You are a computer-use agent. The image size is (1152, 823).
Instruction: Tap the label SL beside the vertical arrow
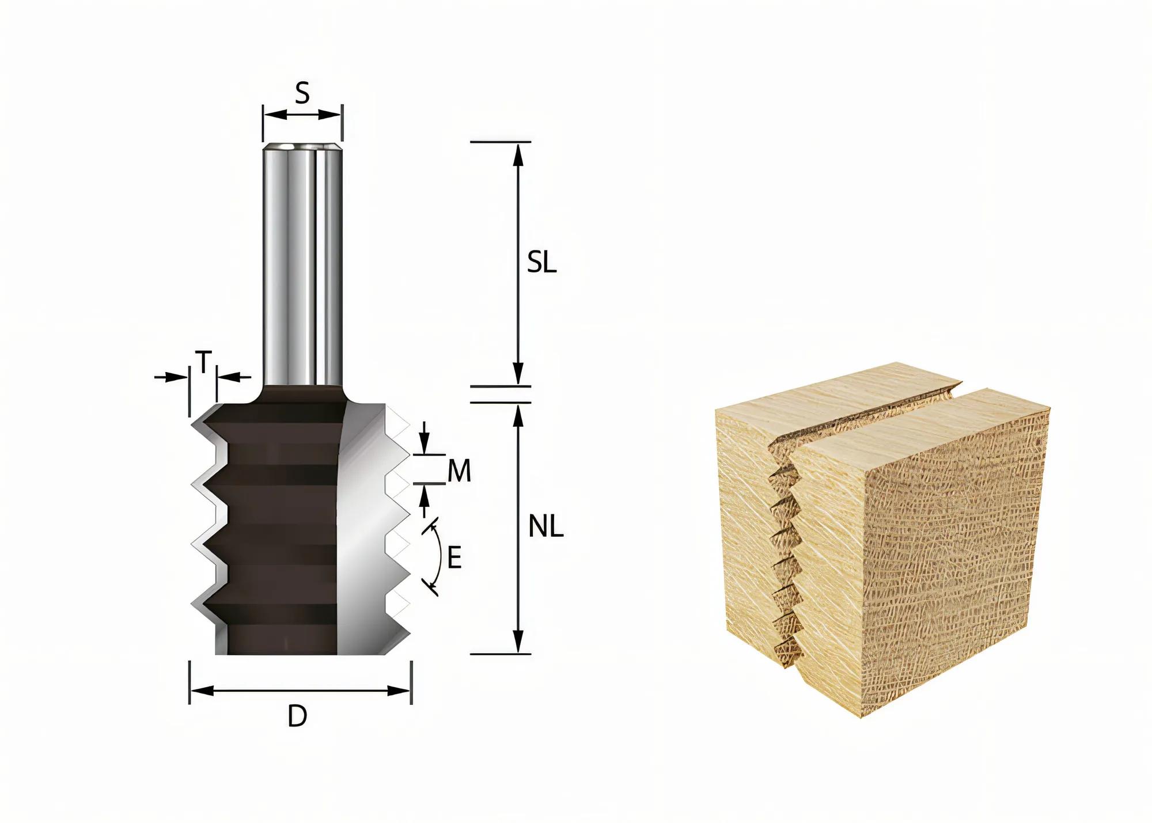(x=541, y=263)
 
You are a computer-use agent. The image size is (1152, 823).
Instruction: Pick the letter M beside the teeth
(x=459, y=472)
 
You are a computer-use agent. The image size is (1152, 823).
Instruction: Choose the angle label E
(x=454, y=558)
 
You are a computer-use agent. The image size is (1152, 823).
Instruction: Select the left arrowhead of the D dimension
(x=199, y=690)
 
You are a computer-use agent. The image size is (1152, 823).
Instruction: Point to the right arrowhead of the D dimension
(x=402, y=690)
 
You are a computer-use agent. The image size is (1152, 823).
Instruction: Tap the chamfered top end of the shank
(x=302, y=147)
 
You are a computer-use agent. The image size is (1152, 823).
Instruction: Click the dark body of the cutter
(x=276, y=518)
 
